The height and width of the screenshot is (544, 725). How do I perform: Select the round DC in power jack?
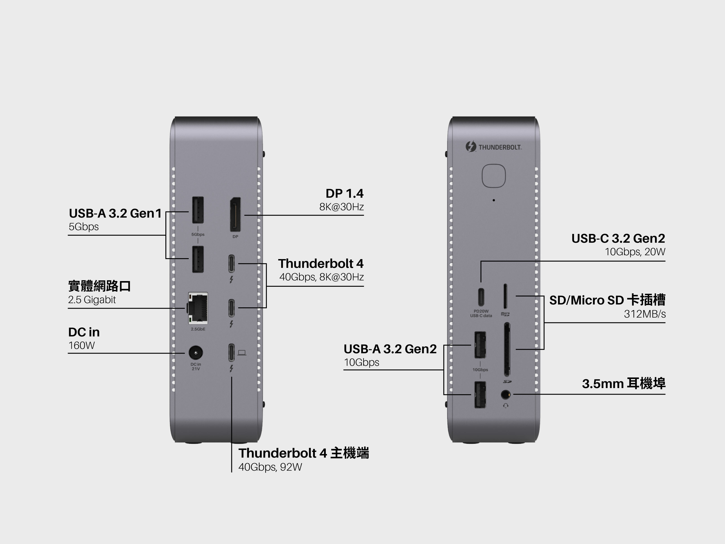click(x=196, y=353)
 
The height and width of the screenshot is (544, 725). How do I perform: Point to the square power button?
click(x=494, y=176)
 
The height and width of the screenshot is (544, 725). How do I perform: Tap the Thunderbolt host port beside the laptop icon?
click(x=231, y=352)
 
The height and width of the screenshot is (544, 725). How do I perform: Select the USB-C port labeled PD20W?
click(x=481, y=296)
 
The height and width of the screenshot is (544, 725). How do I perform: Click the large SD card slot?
click(x=507, y=349)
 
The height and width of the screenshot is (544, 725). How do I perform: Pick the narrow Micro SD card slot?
click(x=505, y=296)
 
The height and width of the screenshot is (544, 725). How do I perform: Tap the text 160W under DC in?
click(x=82, y=345)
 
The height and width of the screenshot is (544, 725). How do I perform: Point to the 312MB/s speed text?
click(x=644, y=314)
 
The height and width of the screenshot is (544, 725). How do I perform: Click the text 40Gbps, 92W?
click(x=270, y=467)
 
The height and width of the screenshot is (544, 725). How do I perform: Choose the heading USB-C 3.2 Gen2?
click(x=618, y=238)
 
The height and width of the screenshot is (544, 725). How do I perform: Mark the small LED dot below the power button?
click(x=494, y=200)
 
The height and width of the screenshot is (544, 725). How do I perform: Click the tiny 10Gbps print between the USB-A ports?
click(x=480, y=369)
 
